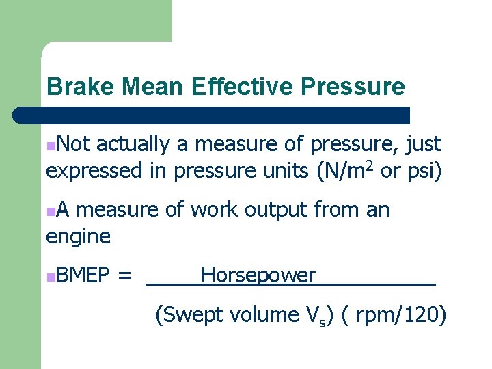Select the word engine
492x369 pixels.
[78, 236]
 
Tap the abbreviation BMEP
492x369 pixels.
[84, 275]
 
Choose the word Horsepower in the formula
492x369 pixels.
[258, 275]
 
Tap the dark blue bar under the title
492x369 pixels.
[212, 115]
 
